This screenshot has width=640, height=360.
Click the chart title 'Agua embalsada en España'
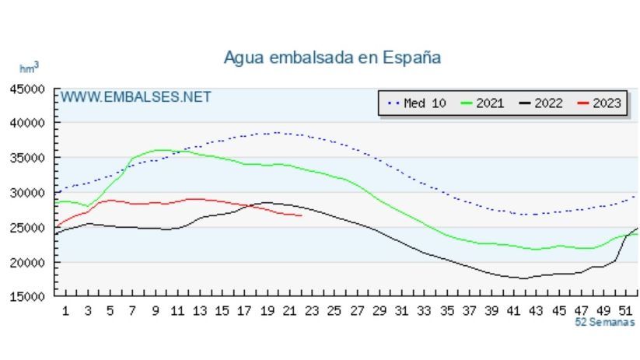[x=332, y=58]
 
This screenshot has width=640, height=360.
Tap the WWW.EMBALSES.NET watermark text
[x=135, y=97]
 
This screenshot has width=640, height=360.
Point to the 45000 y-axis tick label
[x=27, y=89]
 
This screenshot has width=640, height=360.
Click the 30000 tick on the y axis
[x=27, y=193]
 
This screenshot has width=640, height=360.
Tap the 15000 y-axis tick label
[x=27, y=296]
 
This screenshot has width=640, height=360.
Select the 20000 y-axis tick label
[x=27, y=262]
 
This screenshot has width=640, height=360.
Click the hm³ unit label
[x=29, y=68]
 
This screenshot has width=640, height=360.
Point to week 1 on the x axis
[x=65, y=311]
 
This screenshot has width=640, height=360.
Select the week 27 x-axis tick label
[x=357, y=311]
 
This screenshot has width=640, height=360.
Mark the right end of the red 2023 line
[x=301, y=215]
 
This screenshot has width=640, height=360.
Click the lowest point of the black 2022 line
[x=523, y=278]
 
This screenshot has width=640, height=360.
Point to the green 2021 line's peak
[x=161, y=150]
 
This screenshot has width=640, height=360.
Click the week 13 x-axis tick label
[x=200, y=311]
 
